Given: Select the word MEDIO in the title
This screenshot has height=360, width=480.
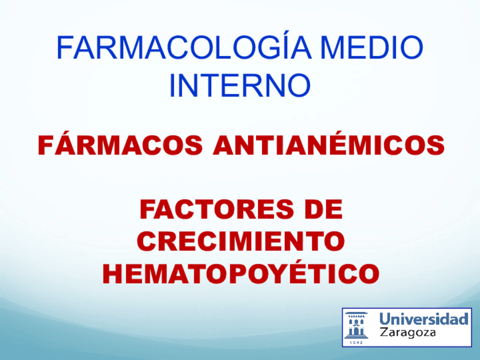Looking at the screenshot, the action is click(x=372, y=48).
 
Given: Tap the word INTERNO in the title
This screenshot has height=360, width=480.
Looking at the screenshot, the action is click(x=239, y=85).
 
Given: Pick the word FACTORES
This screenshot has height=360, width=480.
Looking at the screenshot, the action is click(x=217, y=209).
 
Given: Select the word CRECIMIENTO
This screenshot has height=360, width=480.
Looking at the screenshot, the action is click(x=241, y=241).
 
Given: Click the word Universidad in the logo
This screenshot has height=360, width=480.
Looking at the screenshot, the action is click(x=423, y=319).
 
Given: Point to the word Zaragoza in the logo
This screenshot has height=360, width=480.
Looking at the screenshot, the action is click(x=408, y=333).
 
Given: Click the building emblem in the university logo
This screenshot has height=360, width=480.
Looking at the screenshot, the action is click(x=357, y=325).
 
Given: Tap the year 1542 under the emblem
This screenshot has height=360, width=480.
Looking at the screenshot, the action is click(x=357, y=342).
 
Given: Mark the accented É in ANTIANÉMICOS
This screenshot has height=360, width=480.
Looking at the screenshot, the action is click(x=329, y=143).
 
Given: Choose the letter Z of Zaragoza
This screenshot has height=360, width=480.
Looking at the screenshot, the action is click(x=384, y=332).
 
